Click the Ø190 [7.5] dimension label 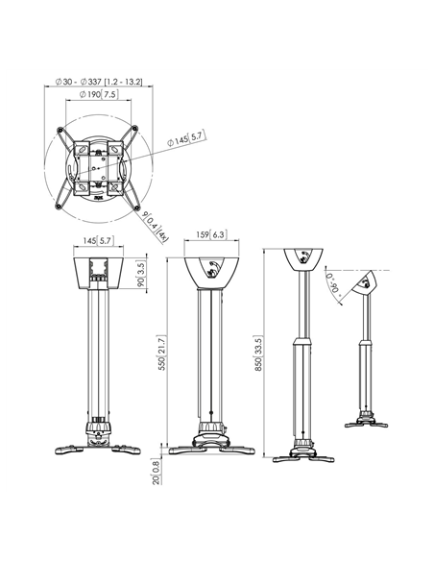[x=98, y=94]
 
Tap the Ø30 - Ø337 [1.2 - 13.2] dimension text [x=99, y=82]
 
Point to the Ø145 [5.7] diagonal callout [x=187, y=139]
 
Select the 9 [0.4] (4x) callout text [x=155, y=228]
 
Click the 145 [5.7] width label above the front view [x=98, y=240]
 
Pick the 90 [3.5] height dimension [x=141, y=274]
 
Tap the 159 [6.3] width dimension [x=211, y=234]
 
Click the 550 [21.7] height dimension [x=161, y=353]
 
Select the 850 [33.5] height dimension [x=258, y=354]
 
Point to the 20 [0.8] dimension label [x=157, y=472]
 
